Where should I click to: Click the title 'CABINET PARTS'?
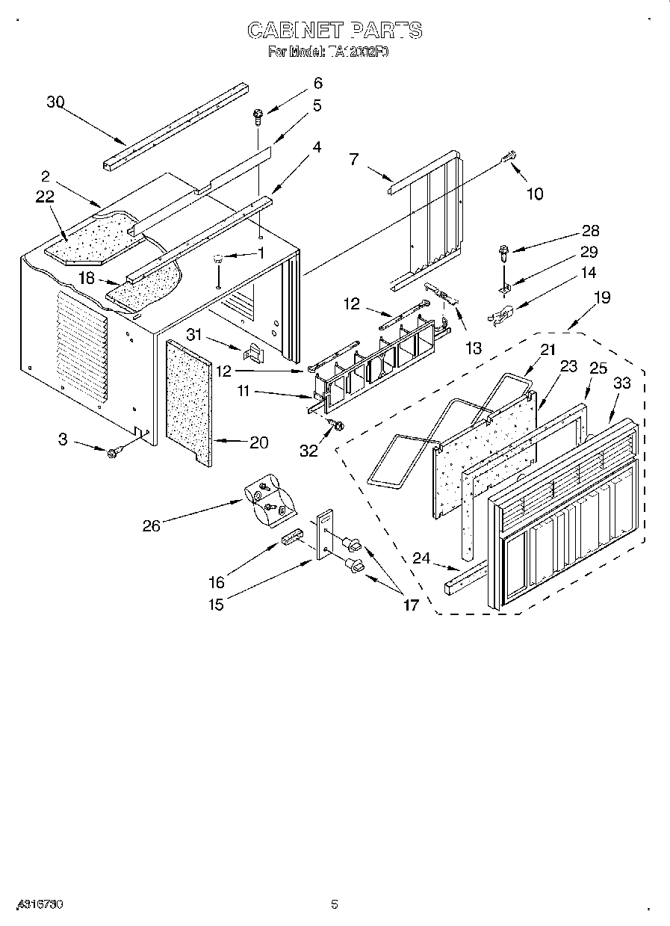[335, 30]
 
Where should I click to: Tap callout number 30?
[55, 102]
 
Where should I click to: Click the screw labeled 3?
[115, 451]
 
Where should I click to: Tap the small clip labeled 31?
[255, 350]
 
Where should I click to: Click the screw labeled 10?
[509, 158]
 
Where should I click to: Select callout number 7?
[354, 158]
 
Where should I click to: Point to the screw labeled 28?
[503, 253]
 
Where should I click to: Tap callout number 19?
[601, 297]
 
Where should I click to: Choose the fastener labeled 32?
[335, 426]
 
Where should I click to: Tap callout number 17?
[411, 605]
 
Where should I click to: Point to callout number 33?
[621, 383]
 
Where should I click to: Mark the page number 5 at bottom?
[335, 904]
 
